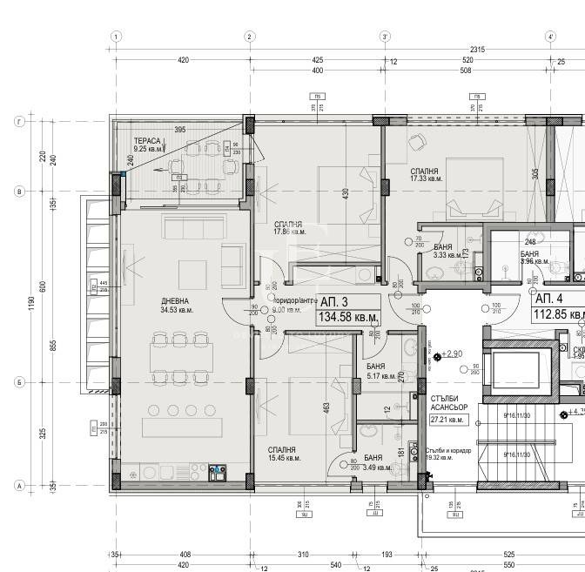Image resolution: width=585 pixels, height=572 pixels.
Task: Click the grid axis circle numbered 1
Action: (116, 37)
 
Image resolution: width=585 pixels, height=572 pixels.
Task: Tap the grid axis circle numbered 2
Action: (249, 37)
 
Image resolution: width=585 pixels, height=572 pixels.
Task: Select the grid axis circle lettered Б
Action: (17, 381)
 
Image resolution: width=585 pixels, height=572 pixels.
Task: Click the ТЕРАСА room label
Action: (146, 140)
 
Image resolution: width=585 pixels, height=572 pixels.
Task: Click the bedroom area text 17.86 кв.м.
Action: (290, 232)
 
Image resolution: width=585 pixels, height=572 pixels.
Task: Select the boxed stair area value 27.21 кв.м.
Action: (449, 420)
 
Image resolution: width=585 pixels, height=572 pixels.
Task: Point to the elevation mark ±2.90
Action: (453, 354)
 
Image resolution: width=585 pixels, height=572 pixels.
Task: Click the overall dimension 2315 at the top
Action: (476, 49)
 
